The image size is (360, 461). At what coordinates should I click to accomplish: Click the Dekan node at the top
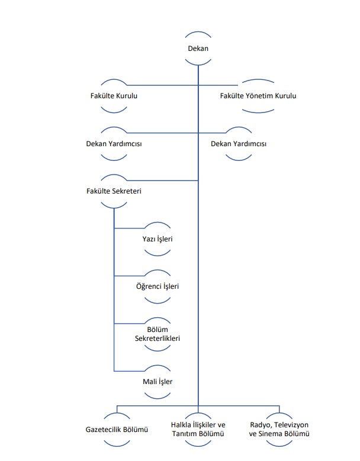click(x=198, y=49)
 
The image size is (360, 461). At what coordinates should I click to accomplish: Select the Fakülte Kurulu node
click(x=114, y=96)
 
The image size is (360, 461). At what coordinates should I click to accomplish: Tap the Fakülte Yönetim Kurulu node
click(x=258, y=96)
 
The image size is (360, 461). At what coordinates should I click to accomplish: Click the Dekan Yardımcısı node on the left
click(x=114, y=144)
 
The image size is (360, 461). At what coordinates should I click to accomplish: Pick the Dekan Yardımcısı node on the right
click(x=239, y=144)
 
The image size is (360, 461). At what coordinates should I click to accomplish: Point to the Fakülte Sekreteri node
click(x=114, y=191)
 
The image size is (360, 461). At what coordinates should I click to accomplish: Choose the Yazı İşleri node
click(x=157, y=239)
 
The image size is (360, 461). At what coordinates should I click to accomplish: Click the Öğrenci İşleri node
click(x=157, y=286)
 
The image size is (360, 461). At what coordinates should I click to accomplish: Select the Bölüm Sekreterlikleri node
click(x=157, y=334)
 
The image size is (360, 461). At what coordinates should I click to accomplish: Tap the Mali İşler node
click(x=157, y=382)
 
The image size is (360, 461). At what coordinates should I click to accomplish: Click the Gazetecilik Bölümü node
click(x=117, y=430)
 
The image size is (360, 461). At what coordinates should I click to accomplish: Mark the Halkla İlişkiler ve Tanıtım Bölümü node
click(x=198, y=429)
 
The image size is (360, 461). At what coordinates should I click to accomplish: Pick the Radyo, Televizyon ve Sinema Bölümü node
click(x=279, y=429)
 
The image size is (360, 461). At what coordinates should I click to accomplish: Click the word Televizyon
click(x=291, y=425)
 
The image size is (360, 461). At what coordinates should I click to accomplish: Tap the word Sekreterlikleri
click(x=157, y=339)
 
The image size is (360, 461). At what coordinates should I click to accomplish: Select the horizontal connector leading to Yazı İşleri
click(x=129, y=228)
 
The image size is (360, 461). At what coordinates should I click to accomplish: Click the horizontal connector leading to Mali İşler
click(x=129, y=371)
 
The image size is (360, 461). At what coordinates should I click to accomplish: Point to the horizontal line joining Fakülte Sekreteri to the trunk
click(x=162, y=180)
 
